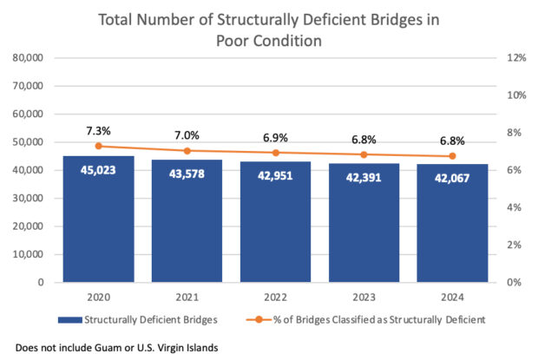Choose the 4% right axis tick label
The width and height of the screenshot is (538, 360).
point(512,207)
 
